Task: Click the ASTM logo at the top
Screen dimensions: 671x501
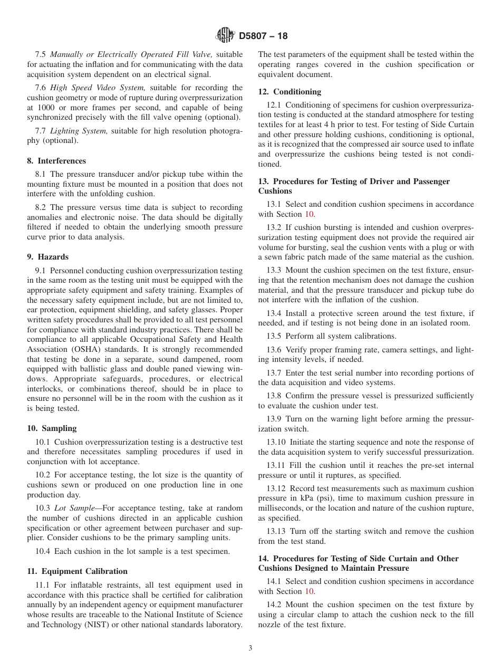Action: coord(226,36)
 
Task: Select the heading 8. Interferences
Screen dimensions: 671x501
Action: coord(56,161)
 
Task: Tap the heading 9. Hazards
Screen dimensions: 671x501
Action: coord(47,257)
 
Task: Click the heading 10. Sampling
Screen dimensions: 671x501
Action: coord(52,428)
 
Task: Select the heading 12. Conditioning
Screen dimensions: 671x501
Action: coord(290,92)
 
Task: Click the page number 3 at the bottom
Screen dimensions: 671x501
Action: coord(250,648)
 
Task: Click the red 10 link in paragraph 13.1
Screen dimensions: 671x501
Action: coord(310,214)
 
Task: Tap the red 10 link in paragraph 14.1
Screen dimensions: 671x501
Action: coord(310,591)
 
